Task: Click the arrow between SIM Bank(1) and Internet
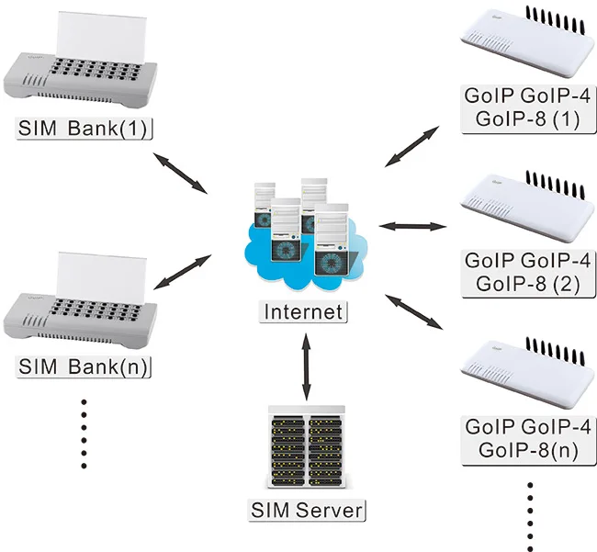point(180,174)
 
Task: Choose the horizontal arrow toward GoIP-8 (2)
point(411,226)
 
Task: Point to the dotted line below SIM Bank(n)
point(84,433)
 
